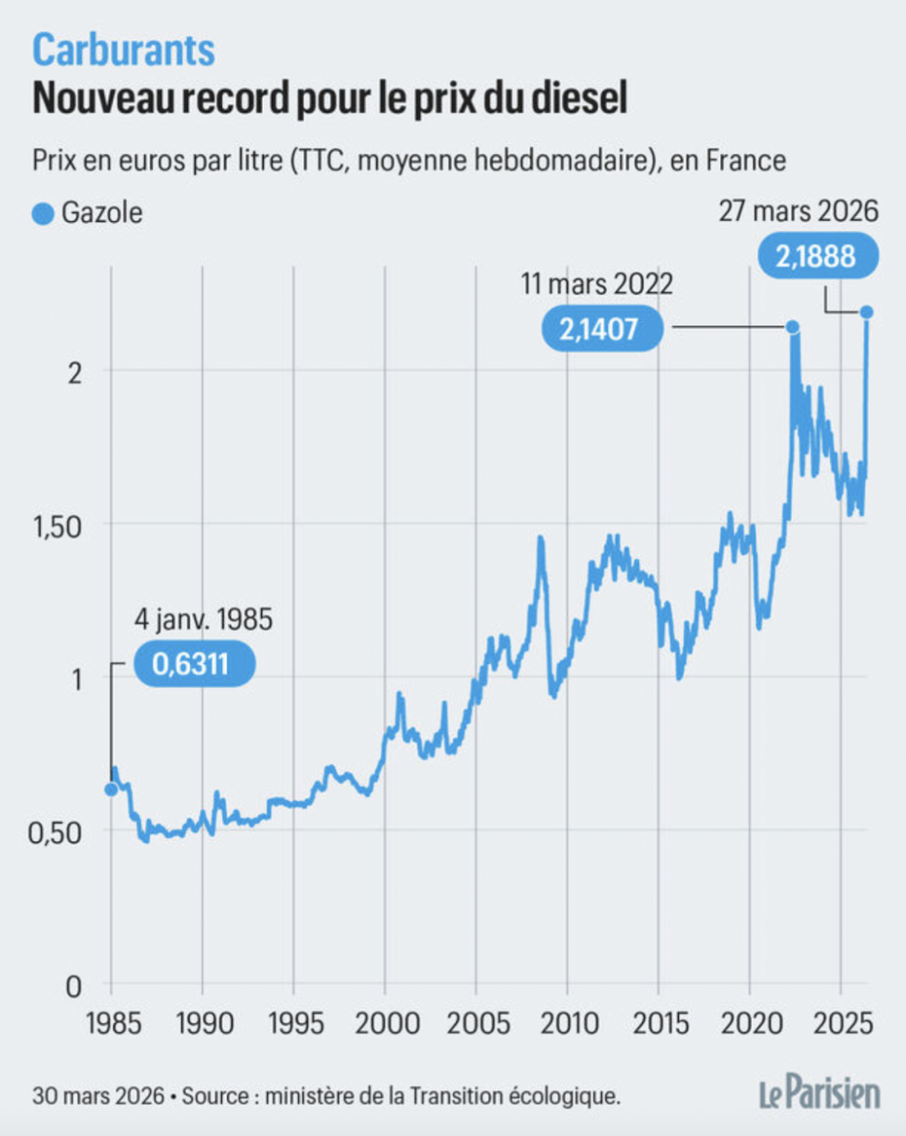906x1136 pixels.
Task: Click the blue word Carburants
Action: [123, 50]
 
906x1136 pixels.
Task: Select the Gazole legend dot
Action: [43, 214]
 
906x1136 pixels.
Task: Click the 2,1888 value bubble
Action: [815, 256]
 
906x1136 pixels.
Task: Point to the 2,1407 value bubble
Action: [599, 329]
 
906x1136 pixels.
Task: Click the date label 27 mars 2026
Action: [798, 211]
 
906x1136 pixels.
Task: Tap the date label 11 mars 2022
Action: [597, 284]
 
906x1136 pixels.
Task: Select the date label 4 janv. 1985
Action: [203, 620]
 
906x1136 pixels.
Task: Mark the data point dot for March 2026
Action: [867, 313]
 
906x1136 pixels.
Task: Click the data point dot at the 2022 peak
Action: [792, 327]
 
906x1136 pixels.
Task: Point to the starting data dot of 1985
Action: [111, 789]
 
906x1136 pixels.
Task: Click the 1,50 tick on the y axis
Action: [58, 526]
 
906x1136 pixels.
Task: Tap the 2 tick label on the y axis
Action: [74, 372]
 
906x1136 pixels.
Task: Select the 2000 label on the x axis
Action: [387, 1024]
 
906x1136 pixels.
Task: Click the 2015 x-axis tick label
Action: [660, 1024]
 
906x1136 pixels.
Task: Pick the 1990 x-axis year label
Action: [205, 1024]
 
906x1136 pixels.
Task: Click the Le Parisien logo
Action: [819, 1093]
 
